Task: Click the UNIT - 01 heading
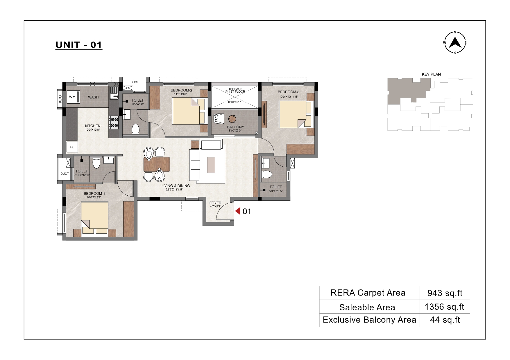pos(79,45)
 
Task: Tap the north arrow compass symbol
pos(455,43)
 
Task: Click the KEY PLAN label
pos(431,74)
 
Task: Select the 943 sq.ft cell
pos(445,293)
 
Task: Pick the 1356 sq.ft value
pos(445,307)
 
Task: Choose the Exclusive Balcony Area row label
pos(369,320)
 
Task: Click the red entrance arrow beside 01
pos(238,211)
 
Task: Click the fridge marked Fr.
pos(72,147)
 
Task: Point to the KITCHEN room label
pos(93,126)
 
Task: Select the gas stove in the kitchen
pos(114,122)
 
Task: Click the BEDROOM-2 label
pos(181,90)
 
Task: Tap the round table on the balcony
pos(232,118)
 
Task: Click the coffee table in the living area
pos(211,165)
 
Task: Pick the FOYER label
pos(215,203)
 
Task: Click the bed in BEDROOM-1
pos(95,218)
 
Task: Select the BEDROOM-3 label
pos(288,92)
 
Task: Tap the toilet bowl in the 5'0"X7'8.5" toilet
pos(267,174)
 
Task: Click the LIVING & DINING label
pos(176,186)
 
